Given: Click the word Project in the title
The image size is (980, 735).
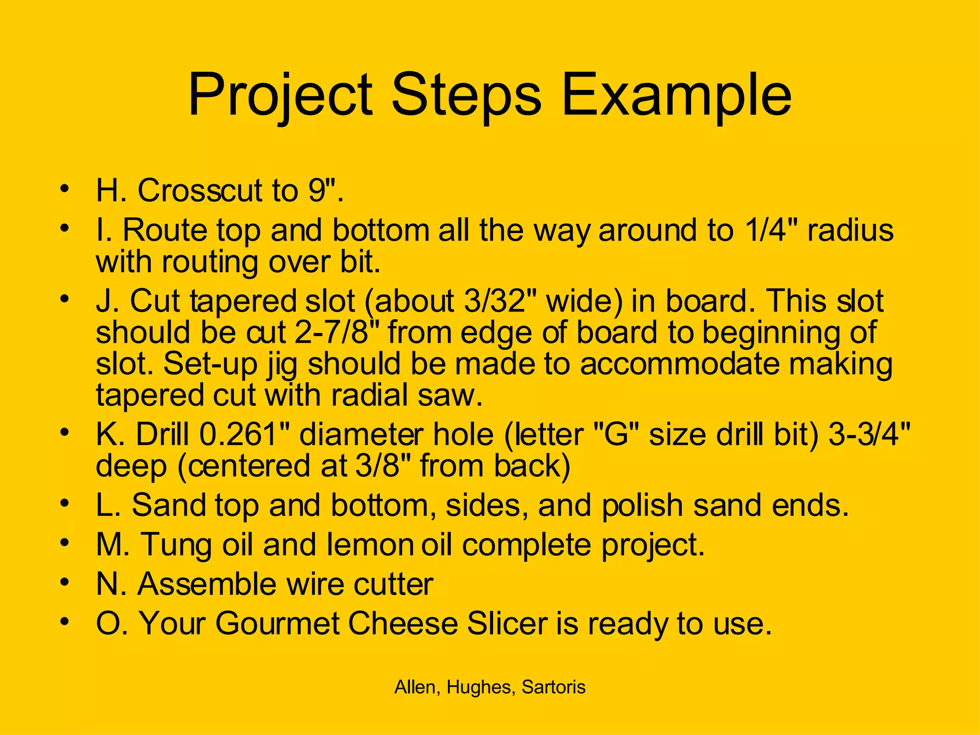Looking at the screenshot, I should click(280, 96).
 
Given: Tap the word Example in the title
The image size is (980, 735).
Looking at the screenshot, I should click(676, 96).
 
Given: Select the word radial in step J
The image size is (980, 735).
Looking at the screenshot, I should click(369, 396).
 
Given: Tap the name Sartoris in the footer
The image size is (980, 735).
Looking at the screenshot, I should click(554, 687).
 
